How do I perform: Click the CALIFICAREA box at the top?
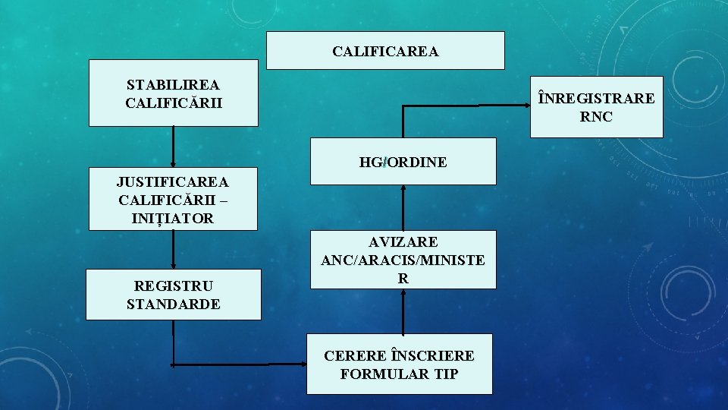[385, 51]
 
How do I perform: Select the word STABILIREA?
[174, 84]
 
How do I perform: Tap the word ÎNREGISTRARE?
[596, 99]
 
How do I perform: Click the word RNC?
[596, 117]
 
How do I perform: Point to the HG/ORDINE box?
[403, 162]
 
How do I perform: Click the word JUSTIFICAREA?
[173, 182]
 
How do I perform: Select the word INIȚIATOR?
[173, 219]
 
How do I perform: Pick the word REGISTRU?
[174, 286]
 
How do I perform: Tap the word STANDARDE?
[174, 304]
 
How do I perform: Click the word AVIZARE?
[403, 242]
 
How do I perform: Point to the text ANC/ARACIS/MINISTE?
[403, 260]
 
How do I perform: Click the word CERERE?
[355, 355]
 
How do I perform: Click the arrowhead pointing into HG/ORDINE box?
[403, 190]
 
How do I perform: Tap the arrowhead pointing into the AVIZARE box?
[403, 293]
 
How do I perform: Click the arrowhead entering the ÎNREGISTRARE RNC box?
[525, 107]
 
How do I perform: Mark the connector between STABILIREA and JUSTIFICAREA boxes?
[174, 146]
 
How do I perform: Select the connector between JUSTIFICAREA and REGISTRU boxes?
[174, 250]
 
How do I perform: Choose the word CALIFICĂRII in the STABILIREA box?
[174, 102]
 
